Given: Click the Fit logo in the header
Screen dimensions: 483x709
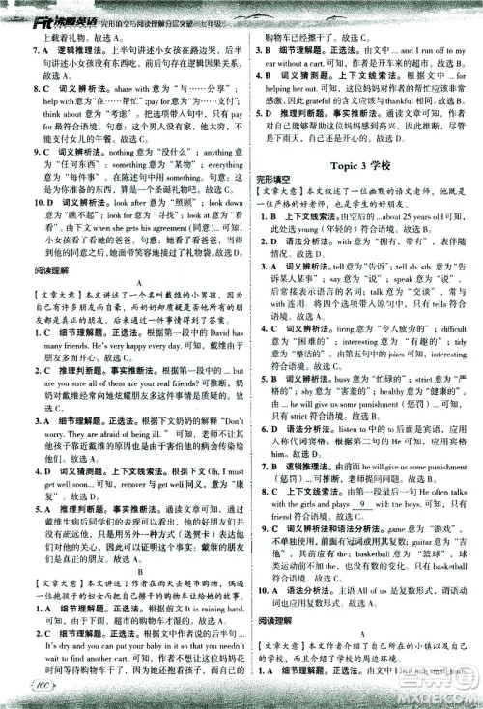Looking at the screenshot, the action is click(18, 12).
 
